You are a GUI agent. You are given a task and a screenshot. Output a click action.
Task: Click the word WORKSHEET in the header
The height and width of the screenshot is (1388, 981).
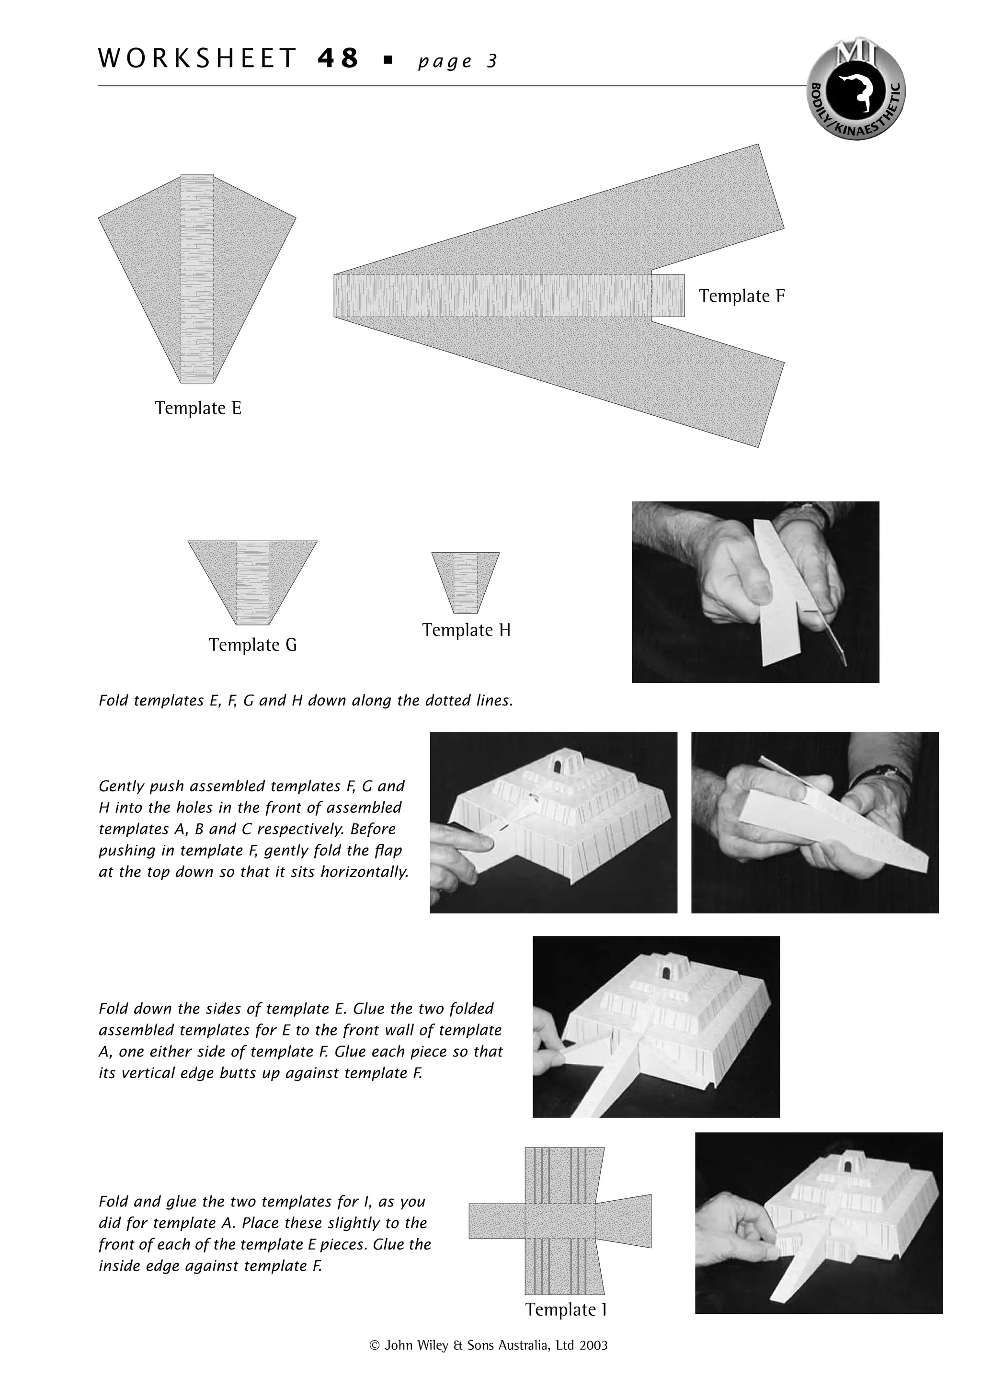(197, 58)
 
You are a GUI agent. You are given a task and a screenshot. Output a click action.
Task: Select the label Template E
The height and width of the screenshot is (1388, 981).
(198, 408)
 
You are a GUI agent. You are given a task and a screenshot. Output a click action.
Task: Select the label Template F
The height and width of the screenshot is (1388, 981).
(741, 296)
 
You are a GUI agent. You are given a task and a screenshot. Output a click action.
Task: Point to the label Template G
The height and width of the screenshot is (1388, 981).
(252, 645)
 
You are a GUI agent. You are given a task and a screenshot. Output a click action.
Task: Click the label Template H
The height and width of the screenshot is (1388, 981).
(466, 630)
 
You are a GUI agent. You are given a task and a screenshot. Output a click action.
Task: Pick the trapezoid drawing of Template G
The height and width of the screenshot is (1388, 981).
(252, 580)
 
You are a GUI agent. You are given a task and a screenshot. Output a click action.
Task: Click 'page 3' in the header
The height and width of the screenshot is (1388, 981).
(457, 61)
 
